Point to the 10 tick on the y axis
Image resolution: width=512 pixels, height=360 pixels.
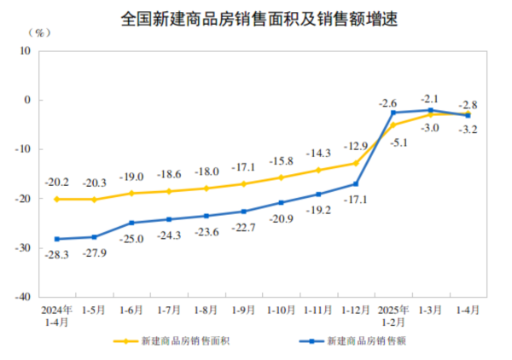26,50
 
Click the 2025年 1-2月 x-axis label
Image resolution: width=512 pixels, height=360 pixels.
393,315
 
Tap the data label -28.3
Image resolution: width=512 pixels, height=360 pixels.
57,254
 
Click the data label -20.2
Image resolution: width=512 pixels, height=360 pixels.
57,182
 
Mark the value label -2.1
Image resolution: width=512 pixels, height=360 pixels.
430,98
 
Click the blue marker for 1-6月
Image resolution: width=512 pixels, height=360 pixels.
131,223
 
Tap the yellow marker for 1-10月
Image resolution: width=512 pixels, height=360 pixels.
281,177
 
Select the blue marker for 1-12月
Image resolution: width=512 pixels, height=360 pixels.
356,183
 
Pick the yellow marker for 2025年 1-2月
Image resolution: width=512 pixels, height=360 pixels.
393,125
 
